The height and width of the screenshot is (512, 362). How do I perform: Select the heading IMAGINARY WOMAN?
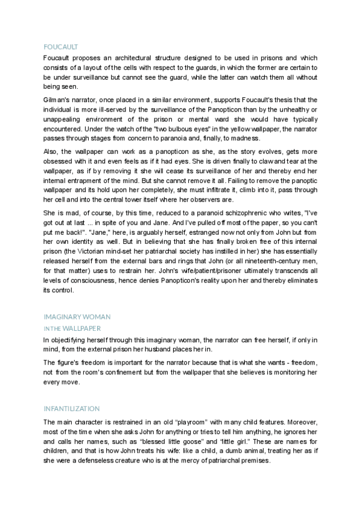[77, 317]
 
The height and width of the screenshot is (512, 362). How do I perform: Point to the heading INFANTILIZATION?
[72, 409]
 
